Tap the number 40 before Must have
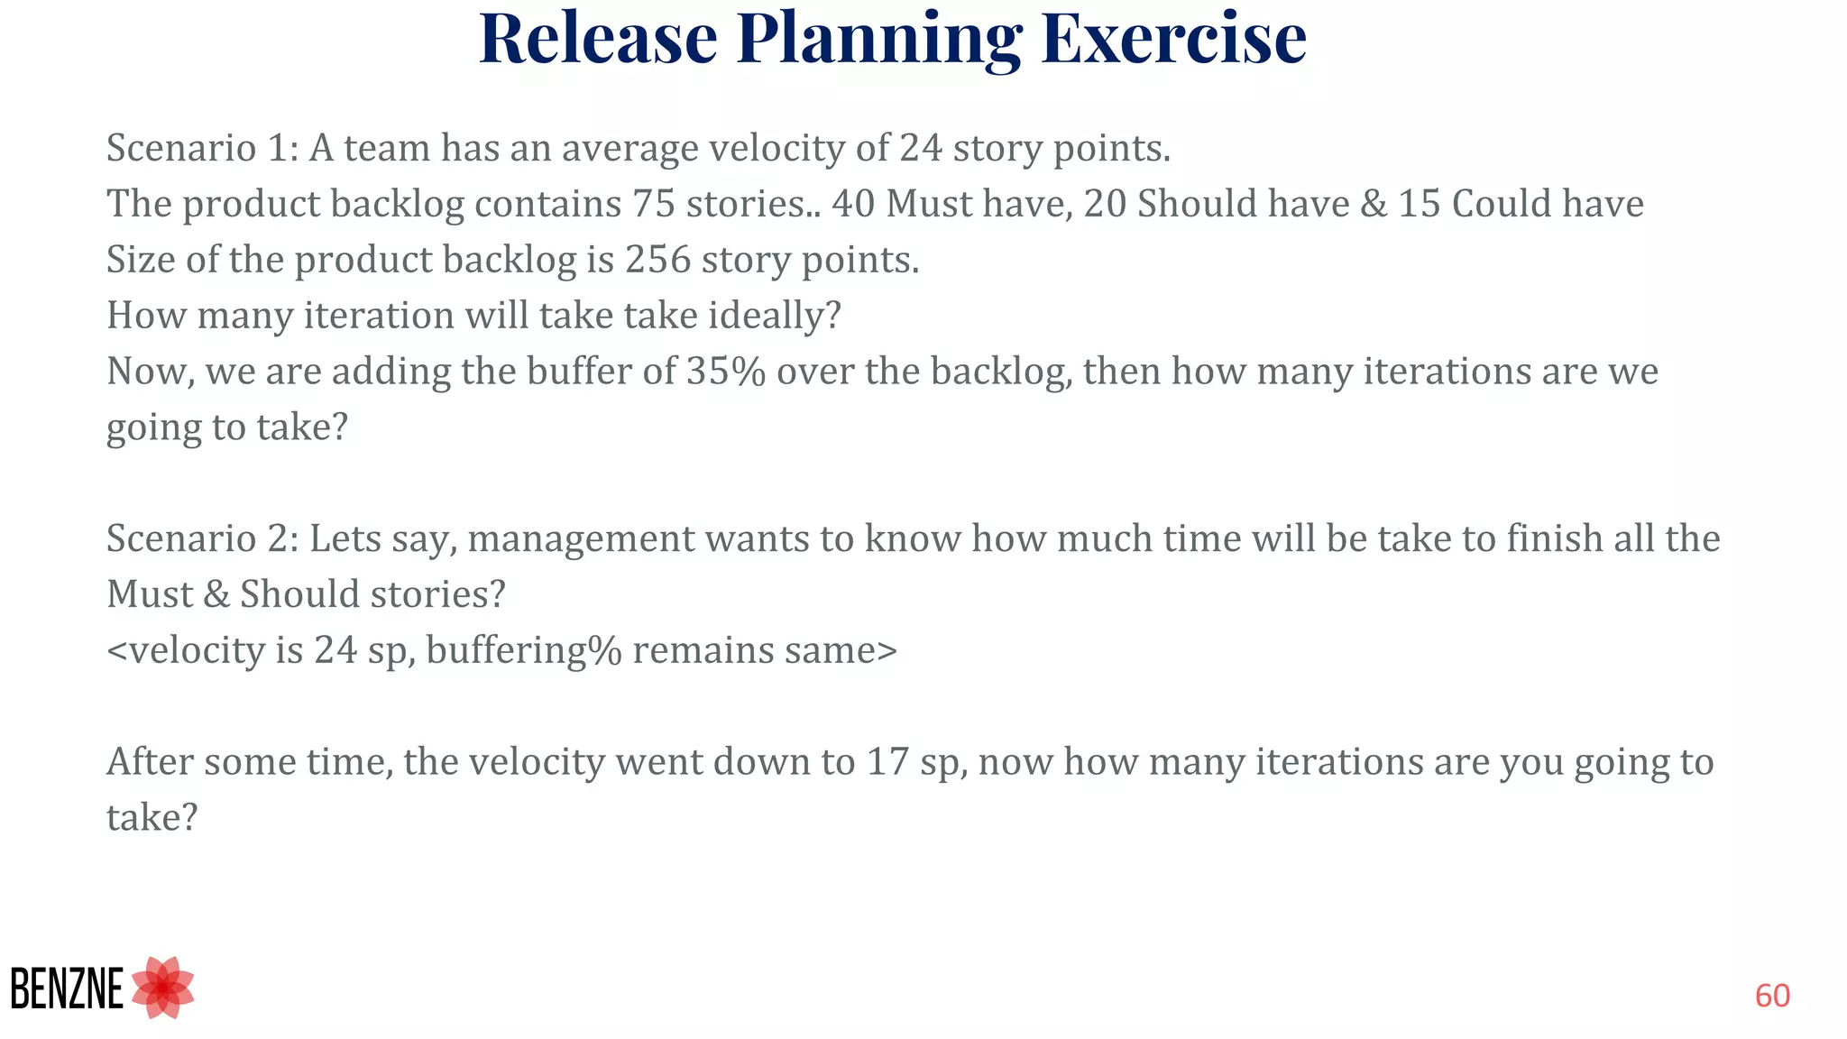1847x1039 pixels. click(853, 204)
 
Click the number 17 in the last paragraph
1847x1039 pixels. click(887, 762)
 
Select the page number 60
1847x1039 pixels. click(1772, 996)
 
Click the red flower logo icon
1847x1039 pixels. click(163, 988)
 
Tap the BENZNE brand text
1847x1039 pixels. click(67, 989)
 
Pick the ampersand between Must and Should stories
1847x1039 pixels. click(216, 594)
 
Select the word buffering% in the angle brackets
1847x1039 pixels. click(524, 650)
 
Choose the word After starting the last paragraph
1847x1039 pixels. click(150, 762)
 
